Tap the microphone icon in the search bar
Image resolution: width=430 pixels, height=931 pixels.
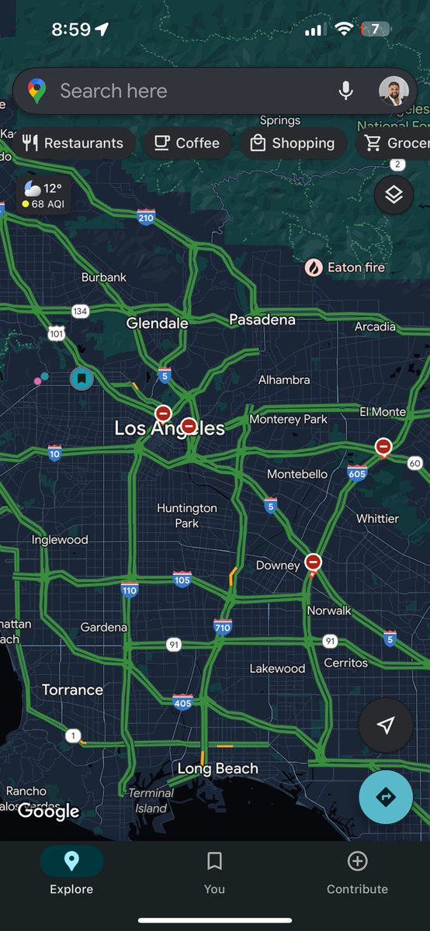(346, 92)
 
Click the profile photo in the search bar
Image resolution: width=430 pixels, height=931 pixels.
(394, 92)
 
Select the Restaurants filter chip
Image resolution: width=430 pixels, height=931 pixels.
(74, 143)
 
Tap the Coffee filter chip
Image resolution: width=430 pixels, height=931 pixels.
(186, 143)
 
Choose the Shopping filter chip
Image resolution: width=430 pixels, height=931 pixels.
(292, 143)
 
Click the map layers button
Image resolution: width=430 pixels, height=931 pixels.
(394, 194)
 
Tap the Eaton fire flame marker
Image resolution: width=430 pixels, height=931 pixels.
(314, 268)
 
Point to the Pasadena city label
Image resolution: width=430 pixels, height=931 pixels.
(262, 320)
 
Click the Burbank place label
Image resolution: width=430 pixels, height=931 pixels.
(103, 277)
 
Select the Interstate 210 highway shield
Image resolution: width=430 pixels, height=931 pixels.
(146, 217)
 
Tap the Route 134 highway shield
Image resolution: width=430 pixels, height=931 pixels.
(79, 311)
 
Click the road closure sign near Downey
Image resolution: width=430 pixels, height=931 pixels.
(313, 562)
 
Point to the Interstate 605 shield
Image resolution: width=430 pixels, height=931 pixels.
(357, 472)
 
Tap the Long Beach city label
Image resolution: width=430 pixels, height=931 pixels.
(218, 769)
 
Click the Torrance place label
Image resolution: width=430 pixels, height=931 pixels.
(72, 690)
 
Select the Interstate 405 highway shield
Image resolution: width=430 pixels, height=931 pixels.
(182, 702)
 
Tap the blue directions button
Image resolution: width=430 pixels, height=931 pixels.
(386, 797)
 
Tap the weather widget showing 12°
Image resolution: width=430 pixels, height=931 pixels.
(43, 196)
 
